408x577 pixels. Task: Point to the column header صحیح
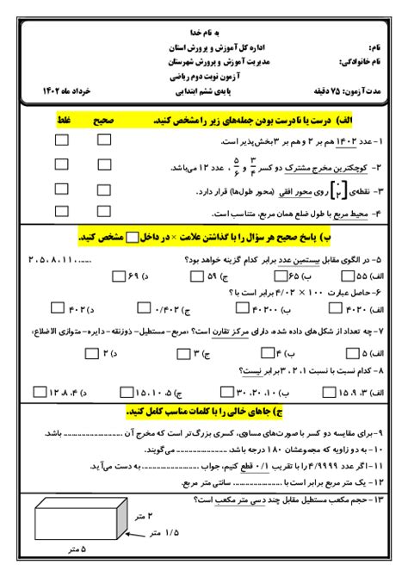coord(102,121)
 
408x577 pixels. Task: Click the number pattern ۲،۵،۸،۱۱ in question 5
coord(65,258)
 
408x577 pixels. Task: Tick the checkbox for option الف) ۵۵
coord(348,276)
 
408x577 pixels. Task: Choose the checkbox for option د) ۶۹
coord(118,276)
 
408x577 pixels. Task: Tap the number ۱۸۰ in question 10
coord(259,450)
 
